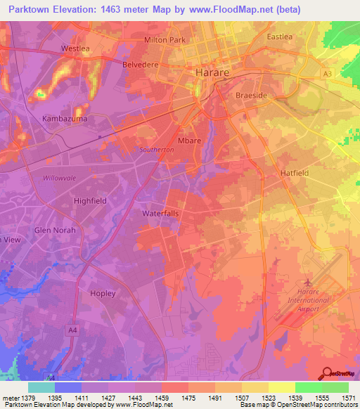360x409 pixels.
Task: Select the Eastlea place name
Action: coord(279,37)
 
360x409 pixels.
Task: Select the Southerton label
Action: coord(156,150)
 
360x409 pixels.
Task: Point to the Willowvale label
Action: coord(62,178)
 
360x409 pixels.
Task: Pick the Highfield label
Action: coord(90,200)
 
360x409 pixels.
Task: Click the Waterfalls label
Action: coord(162,212)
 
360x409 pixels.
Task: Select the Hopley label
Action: coord(103,293)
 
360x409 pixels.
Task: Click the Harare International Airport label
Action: coord(308,300)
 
